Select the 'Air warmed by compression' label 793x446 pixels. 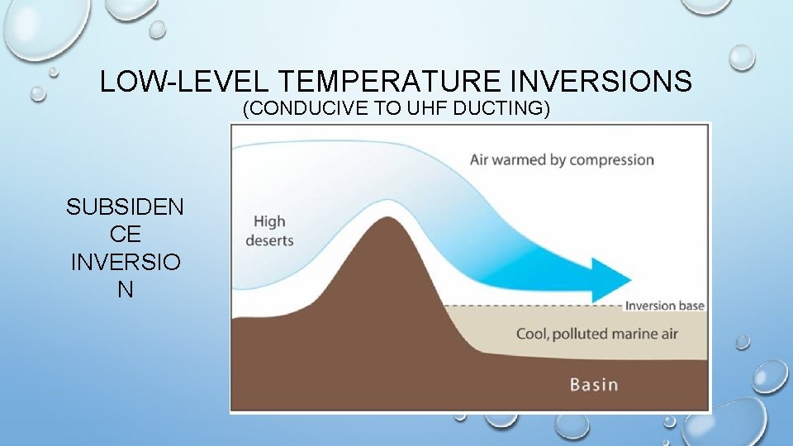562,159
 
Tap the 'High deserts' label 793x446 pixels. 269,230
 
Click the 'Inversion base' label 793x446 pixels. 664,306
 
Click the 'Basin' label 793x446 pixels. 593,384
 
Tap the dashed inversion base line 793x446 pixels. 529,306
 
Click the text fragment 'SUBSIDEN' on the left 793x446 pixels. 125,206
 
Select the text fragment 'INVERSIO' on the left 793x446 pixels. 125,263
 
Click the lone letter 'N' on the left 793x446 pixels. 125,292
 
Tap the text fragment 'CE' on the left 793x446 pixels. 125,235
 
